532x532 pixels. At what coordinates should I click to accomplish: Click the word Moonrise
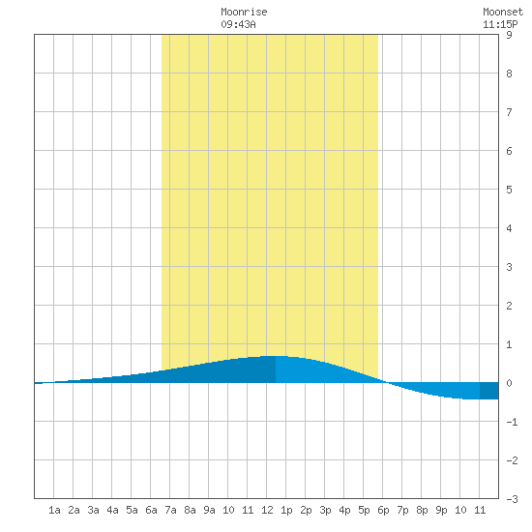coord(244,12)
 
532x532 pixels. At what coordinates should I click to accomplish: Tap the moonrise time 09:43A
coord(238,24)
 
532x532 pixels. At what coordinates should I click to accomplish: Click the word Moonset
coord(503,12)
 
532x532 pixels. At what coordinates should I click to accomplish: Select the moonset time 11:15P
coord(500,24)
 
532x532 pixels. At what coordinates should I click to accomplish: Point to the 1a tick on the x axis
coord(54,510)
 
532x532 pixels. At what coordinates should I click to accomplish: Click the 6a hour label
coord(151,510)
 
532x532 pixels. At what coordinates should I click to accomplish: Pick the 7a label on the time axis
coord(170,510)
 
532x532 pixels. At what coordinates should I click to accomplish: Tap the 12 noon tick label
coord(267,510)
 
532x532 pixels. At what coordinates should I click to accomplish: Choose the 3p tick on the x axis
coord(325,510)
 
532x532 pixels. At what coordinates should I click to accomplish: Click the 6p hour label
coord(383,510)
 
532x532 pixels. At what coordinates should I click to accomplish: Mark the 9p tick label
coord(441,510)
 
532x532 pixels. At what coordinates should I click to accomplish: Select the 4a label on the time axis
coord(112,510)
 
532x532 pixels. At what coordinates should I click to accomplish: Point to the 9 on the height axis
coord(509,35)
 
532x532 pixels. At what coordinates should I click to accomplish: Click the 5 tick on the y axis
coord(509,190)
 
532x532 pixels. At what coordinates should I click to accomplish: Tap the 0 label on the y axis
coord(509,383)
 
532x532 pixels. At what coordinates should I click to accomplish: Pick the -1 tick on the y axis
coord(512,422)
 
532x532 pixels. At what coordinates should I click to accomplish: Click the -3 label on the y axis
coord(512,499)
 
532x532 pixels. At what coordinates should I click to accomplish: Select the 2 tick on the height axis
coord(509,306)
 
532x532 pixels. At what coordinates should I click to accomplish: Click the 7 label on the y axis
coord(509,112)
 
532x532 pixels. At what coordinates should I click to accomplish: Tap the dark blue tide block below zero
coord(488,391)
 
